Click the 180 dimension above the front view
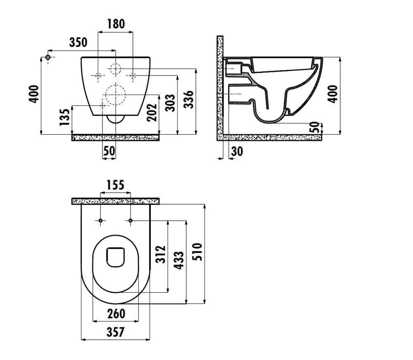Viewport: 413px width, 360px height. click(116, 24)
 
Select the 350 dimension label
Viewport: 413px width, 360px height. click(78, 43)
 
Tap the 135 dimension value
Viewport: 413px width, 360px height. click(65, 117)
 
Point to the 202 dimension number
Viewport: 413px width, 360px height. click(152, 112)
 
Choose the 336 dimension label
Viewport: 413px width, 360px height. click(189, 100)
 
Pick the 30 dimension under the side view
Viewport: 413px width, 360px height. click(237, 152)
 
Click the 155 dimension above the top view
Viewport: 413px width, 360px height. click(115, 185)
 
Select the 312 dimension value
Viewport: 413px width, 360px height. click(160, 255)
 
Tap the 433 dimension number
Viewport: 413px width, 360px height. click(179, 260)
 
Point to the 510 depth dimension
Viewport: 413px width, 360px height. click(197, 252)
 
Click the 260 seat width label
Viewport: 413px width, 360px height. click(116, 314)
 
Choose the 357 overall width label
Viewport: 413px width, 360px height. click(115, 332)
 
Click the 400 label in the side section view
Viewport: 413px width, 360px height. click(333, 94)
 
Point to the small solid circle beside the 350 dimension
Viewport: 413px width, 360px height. click(48, 57)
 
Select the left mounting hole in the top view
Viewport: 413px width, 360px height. click(100, 220)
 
